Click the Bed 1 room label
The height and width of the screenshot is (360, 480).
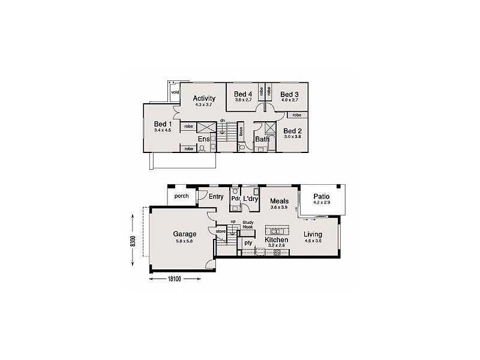(163, 124)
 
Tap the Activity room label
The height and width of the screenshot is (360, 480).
(204, 99)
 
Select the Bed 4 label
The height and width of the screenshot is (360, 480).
(242, 94)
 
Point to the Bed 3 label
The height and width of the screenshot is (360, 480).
(289, 94)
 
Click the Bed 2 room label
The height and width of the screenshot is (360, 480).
(292, 131)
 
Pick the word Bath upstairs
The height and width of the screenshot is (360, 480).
(262, 139)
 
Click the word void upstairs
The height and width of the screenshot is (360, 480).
(175, 92)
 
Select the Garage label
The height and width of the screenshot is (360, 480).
(185, 234)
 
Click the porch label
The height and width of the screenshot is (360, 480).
(181, 196)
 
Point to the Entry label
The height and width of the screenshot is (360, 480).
(216, 196)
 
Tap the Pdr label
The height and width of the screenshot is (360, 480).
(235, 198)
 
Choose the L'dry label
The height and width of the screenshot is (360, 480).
(251, 198)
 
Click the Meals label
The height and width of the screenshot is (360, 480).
(280, 201)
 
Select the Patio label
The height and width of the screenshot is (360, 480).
(323, 197)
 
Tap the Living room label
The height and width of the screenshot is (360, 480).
(313, 234)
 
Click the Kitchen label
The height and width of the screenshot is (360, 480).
(277, 239)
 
